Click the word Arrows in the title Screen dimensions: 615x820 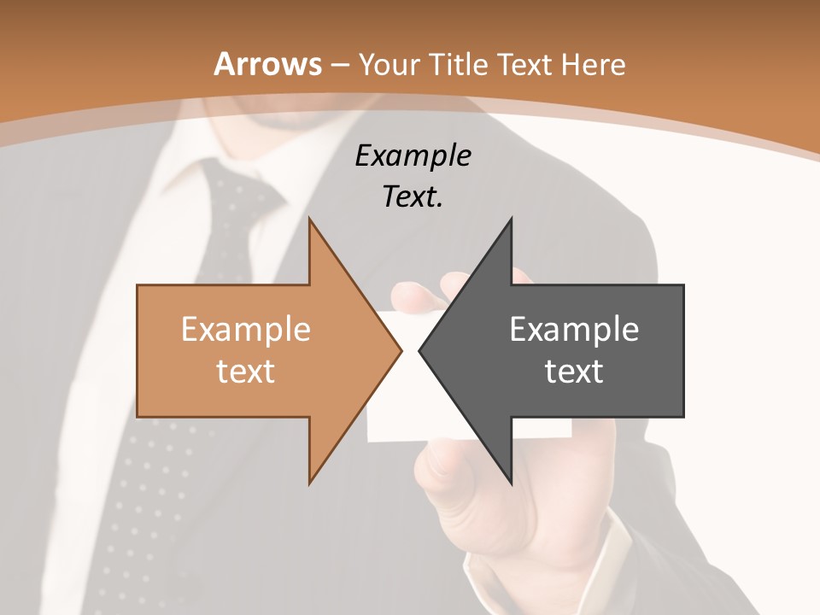(267, 64)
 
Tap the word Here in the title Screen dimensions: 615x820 (594, 65)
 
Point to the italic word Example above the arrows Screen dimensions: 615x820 (413, 155)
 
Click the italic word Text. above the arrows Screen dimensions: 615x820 (413, 196)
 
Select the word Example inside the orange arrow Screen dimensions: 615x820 (246, 330)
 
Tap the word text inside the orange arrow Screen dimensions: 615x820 (246, 372)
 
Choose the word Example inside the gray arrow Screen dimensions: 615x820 (574, 330)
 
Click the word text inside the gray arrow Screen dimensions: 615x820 (574, 372)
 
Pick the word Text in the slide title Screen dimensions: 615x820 (526, 65)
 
